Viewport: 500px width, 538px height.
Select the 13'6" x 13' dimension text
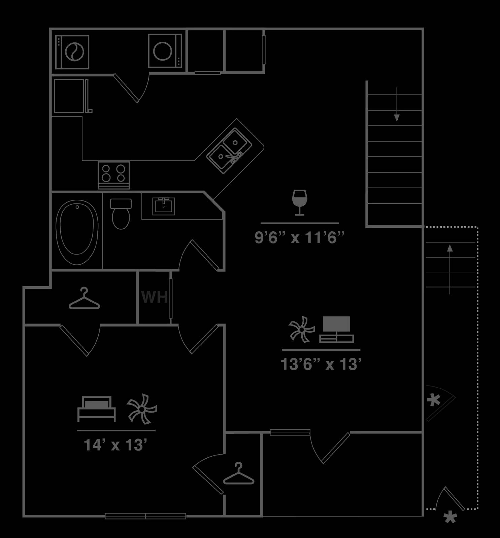321,364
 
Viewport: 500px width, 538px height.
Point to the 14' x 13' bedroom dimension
115,445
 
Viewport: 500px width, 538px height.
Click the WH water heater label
155,297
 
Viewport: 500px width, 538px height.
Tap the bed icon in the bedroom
97,409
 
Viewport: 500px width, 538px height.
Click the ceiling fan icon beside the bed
142,409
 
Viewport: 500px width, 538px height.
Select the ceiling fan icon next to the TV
302,330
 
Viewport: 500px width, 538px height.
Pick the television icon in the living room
336,330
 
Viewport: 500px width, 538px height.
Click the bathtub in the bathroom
77,232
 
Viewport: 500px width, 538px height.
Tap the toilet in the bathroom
121,214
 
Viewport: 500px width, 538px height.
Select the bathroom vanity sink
164,206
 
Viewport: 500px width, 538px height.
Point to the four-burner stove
114,175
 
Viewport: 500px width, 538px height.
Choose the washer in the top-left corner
72,52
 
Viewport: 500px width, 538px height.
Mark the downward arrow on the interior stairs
397,104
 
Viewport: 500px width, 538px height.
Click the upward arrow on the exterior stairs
450,269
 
